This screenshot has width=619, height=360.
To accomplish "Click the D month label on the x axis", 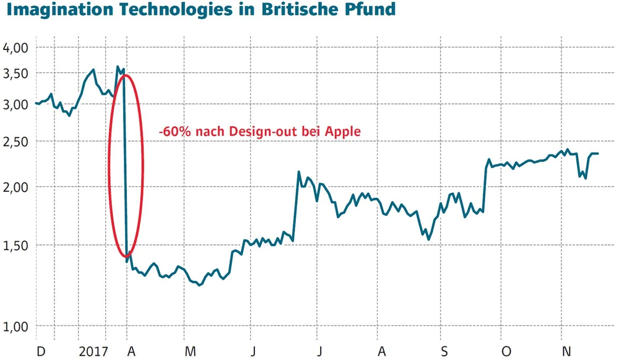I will (x=41, y=351).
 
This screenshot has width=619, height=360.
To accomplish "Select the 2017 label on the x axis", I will (x=93, y=351).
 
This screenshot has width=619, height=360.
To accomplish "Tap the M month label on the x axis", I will (x=191, y=351).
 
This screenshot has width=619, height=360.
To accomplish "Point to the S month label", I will (x=444, y=351).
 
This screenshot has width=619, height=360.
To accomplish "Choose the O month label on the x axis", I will (x=507, y=351).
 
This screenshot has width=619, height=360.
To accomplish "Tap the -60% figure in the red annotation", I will (x=172, y=131).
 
